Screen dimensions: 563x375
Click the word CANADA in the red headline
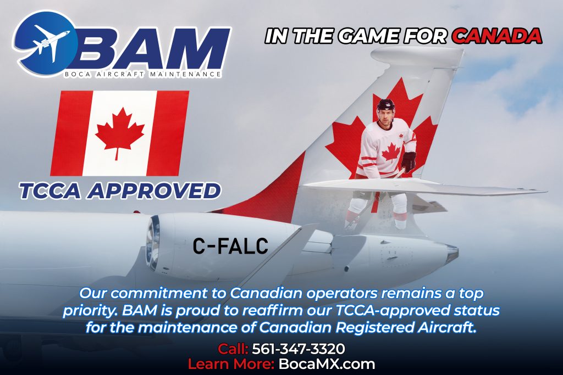[x=497, y=36]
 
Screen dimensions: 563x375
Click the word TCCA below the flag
[x=50, y=191]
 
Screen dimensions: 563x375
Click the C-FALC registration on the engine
[x=230, y=246]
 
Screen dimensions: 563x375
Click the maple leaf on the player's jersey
[x=391, y=153]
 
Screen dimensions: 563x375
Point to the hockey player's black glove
[x=408, y=161]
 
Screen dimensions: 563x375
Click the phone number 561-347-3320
[x=299, y=349]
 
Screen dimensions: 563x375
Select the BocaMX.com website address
[x=327, y=364]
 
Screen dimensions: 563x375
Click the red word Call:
[x=233, y=349]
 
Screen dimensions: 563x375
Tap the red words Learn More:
[x=231, y=364]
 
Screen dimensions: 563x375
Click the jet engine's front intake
[x=153, y=243]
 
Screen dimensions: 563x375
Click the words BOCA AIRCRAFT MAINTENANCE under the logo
[x=143, y=75]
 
